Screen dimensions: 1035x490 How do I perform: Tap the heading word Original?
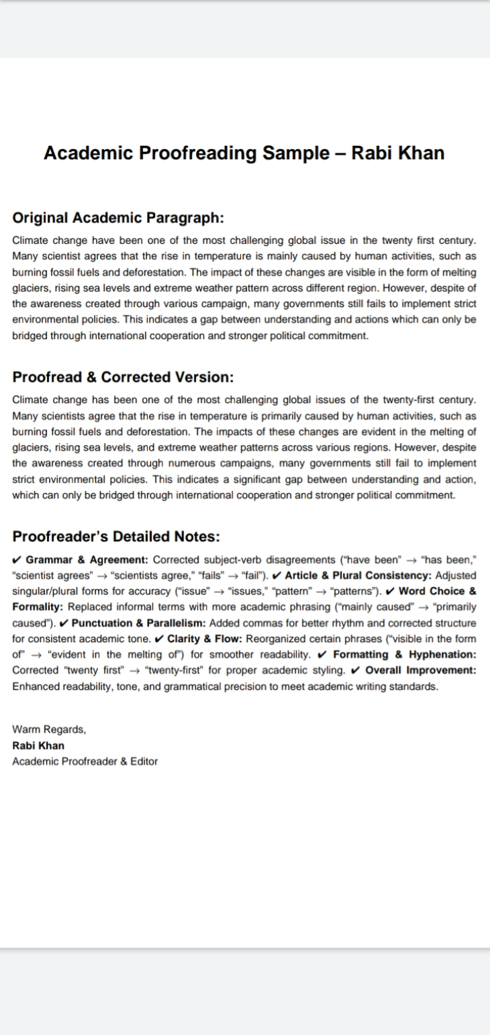[40, 218]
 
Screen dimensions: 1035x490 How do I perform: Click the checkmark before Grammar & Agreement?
[17, 559]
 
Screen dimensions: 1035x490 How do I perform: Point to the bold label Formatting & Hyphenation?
[405, 654]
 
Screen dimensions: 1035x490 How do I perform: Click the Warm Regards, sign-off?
[49, 729]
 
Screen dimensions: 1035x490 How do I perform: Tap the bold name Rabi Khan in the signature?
[38, 746]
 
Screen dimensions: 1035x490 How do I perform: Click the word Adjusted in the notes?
[456, 576]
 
